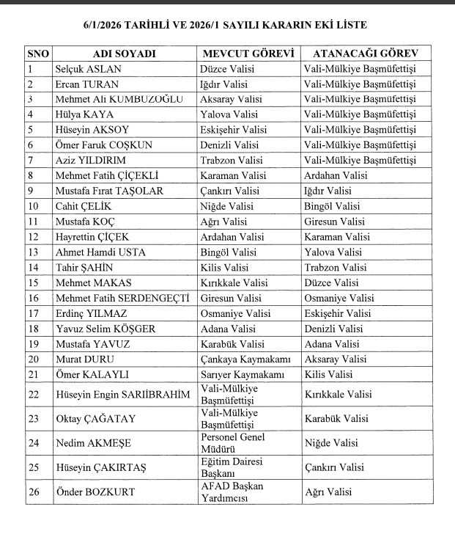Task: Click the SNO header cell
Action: click(x=38, y=54)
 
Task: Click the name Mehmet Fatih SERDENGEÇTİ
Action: click(x=122, y=298)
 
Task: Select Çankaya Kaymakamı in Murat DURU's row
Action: click(x=245, y=359)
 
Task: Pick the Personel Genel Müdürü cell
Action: click(x=232, y=442)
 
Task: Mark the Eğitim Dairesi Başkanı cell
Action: click(x=231, y=467)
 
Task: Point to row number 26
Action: click(x=34, y=492)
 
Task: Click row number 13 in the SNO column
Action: click(x=33, y=252)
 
